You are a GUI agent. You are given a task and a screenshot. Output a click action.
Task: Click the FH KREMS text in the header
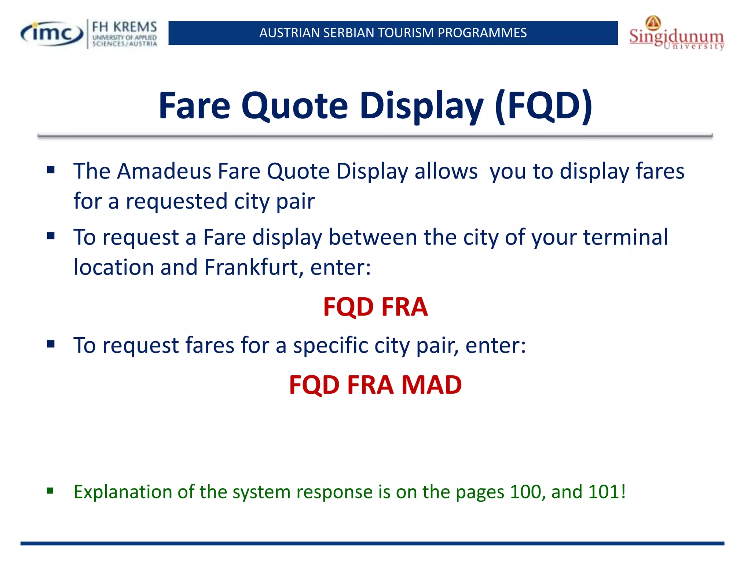(x=124, y=27)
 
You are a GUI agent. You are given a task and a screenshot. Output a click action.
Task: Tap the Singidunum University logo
(x=676, y=34)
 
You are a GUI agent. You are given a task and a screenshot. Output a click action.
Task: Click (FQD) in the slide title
(x=543, y=106)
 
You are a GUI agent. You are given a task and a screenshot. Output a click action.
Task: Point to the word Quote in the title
(x=294, y=106)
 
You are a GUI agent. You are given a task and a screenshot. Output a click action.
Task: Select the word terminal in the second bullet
(x=626, y=237)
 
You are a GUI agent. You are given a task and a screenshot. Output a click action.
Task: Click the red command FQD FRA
(x=375, y=307)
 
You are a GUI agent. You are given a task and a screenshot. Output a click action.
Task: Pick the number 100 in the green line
(x=525, y=492)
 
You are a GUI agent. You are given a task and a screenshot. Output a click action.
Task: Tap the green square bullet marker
(x=50, y=491)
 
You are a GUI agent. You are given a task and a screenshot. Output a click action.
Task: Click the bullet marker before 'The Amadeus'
(x=51, y=170)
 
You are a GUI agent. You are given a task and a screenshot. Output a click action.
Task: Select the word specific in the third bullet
(x=330, y=345)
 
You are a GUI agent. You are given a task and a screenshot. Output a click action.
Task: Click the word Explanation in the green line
(x=123, y=492)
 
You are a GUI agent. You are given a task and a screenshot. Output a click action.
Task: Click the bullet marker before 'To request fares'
(x=51, y=344)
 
